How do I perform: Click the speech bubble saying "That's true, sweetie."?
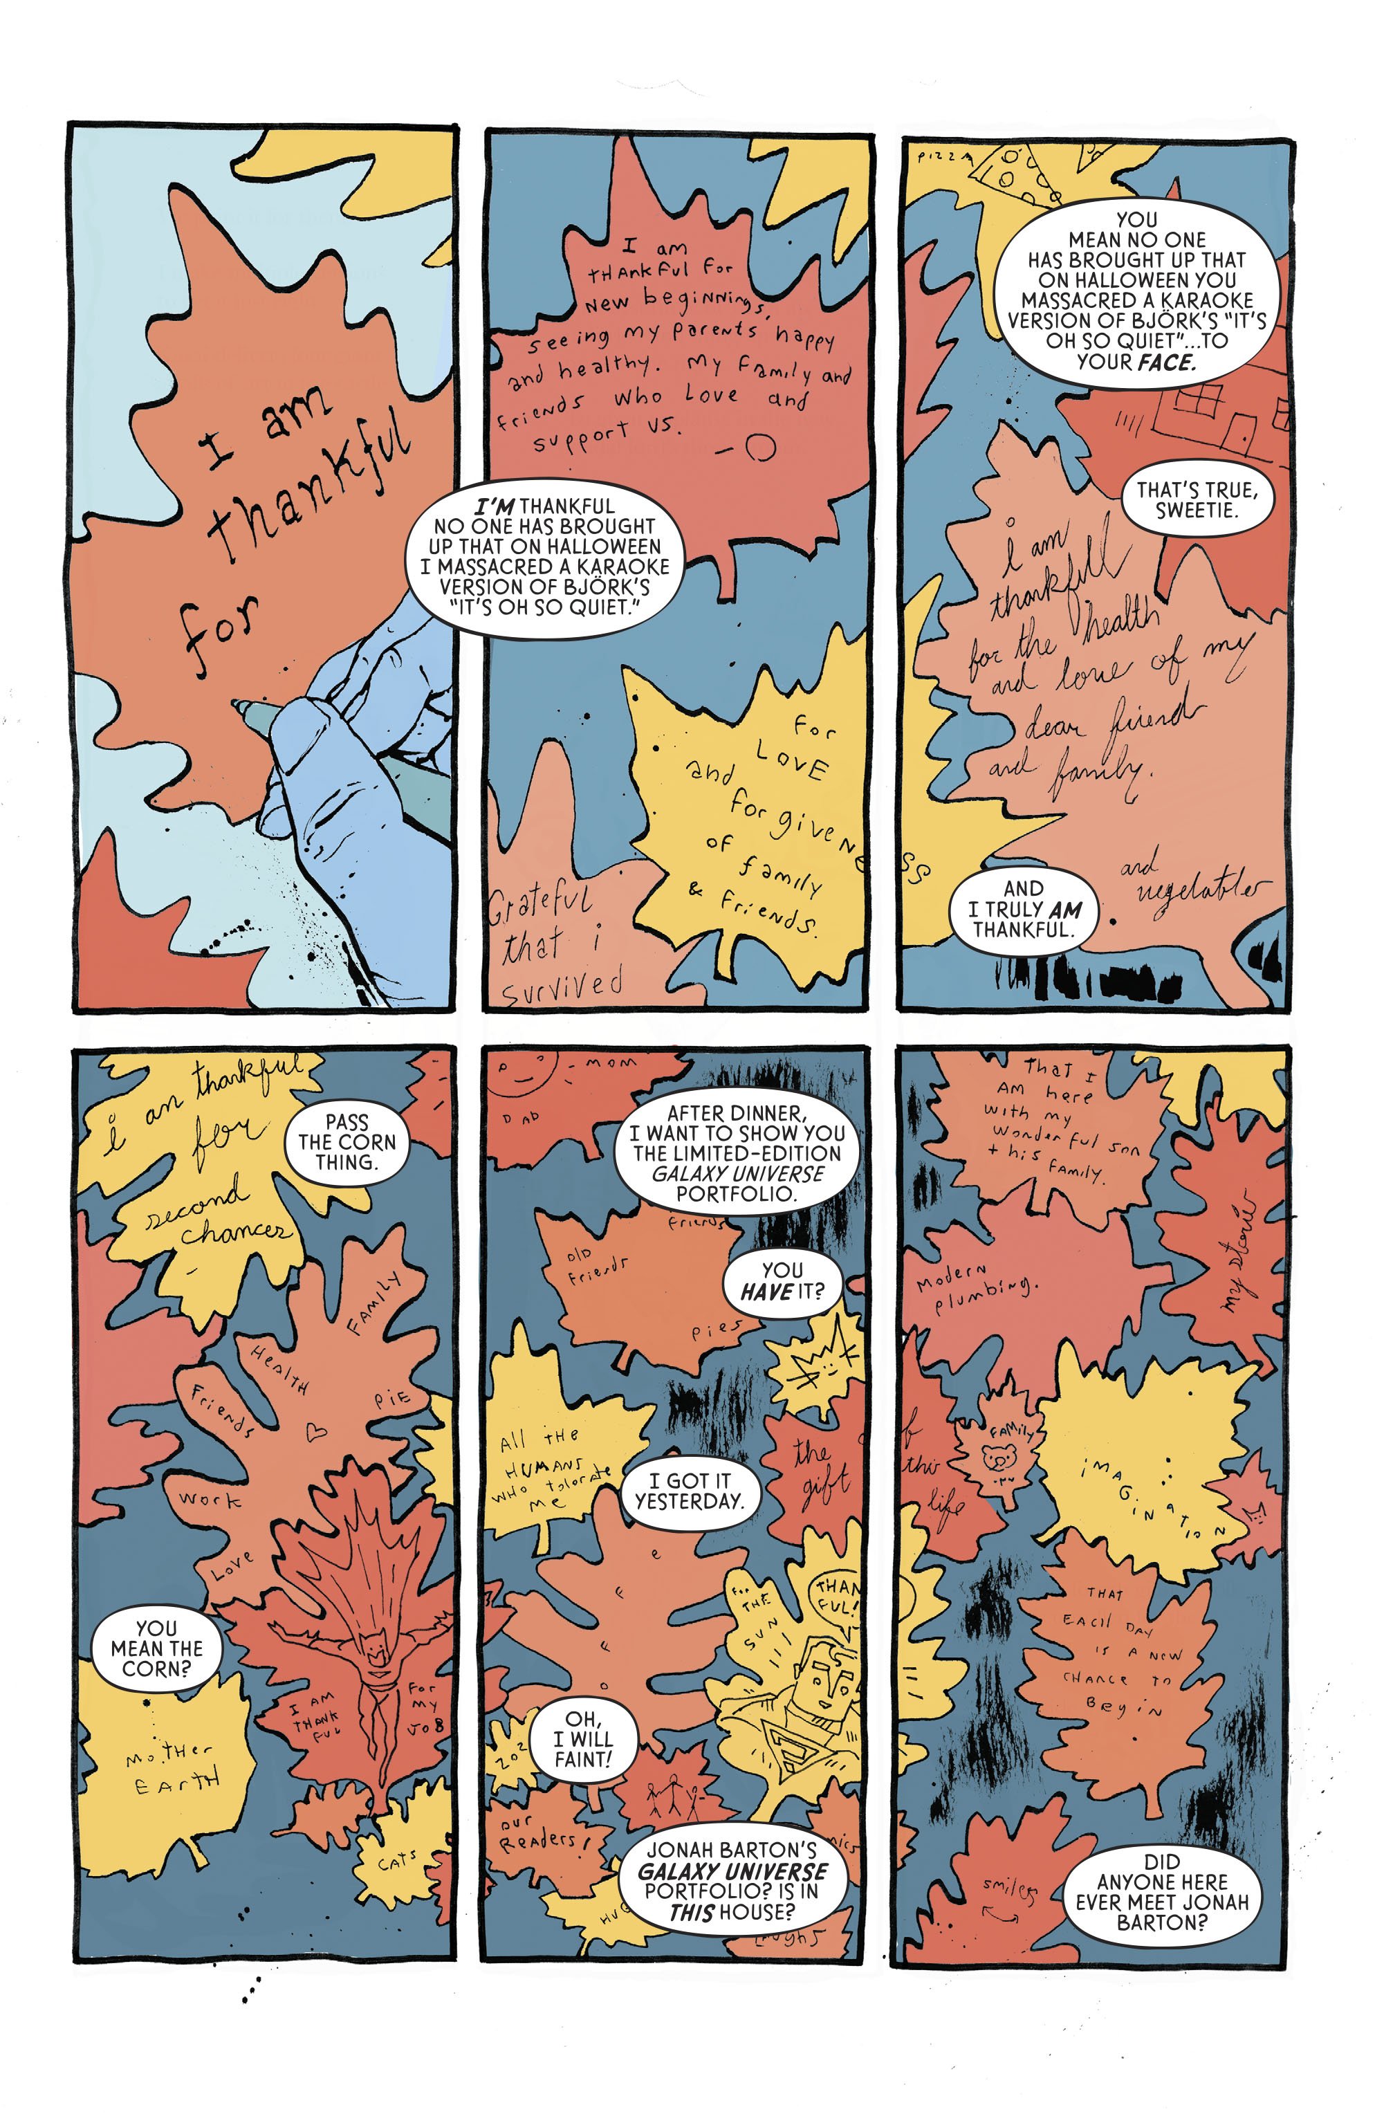[x=1196, y=499]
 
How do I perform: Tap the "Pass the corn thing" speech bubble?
[x=347, y=1142]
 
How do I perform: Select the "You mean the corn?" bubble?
[x=156, y=1648]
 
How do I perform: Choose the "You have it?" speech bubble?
[x=782, y=1281]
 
